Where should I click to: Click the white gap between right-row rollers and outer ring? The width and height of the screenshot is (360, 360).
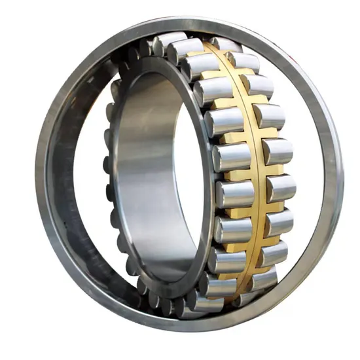pyautogui.click(x=308, y=177)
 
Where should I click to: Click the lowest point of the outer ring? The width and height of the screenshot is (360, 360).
pyautogui.click(x=190, y=327)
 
